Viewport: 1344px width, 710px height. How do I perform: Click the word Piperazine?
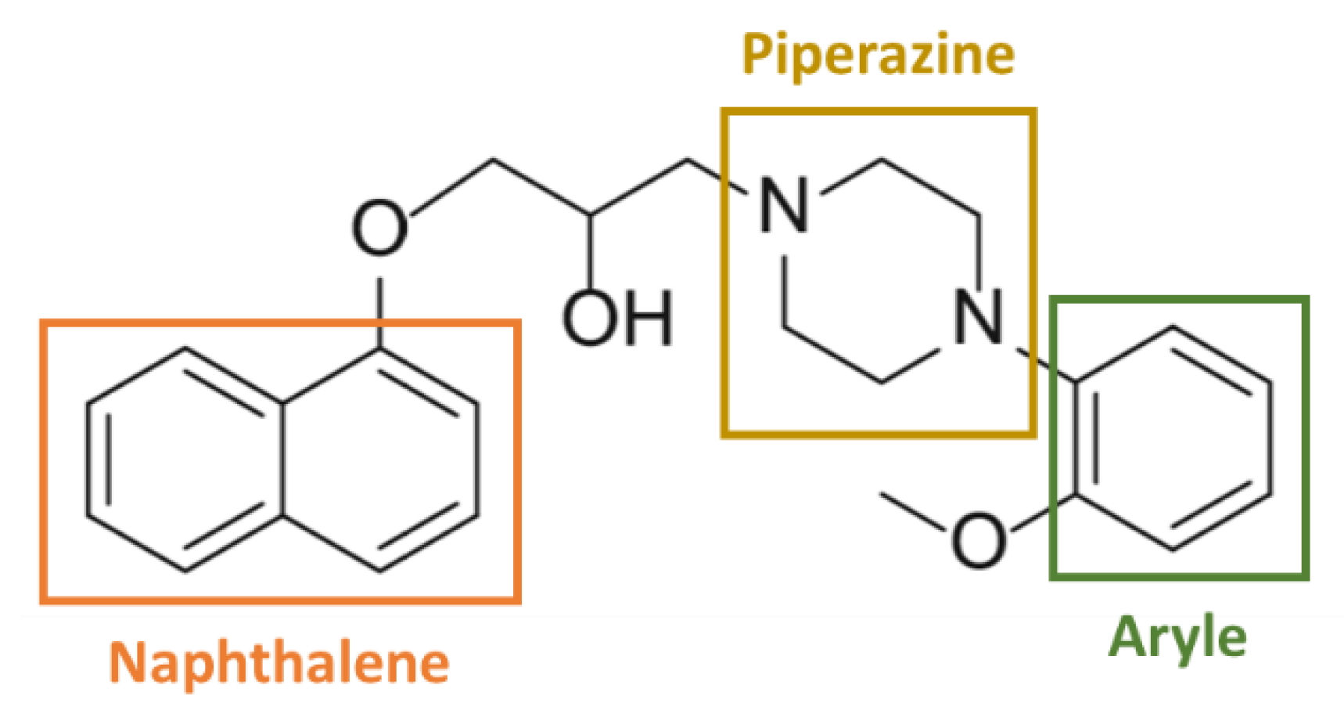click(878, 55)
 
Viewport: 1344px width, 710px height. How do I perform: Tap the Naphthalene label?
click(279, 663)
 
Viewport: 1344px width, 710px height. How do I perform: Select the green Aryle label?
click(1177, 638)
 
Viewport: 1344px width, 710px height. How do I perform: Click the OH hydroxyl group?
click(617, 318)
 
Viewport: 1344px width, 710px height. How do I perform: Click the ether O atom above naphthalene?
click(380, 228)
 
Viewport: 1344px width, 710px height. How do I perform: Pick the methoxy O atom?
click(978, 539)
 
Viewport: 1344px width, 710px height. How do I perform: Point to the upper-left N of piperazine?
click(784, 205)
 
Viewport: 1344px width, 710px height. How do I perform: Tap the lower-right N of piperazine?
click(978, 317)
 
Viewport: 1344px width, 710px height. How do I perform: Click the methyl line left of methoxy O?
click(914, 512)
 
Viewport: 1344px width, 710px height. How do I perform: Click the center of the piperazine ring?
click(881, 270)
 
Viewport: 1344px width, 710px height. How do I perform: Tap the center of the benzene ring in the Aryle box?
click(1173, 438)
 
